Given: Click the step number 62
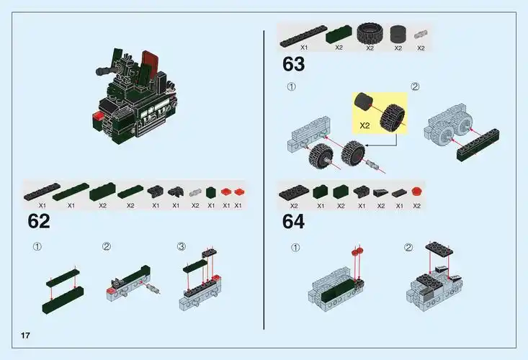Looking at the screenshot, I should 39,221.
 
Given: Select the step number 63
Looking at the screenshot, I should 293,64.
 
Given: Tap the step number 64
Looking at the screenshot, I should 293,221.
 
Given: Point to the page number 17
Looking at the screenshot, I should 25,336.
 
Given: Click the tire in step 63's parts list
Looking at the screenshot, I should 370,34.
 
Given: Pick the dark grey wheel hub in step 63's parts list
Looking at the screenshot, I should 398,34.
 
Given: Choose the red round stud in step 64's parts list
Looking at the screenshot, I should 416,192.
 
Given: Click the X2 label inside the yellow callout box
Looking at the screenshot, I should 364,124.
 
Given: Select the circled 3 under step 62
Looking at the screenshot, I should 182,246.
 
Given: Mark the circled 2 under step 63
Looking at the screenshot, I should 415,86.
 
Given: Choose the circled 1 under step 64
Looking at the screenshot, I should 295,248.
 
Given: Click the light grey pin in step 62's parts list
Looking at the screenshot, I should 195,192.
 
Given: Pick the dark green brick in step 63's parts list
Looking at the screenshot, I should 338,34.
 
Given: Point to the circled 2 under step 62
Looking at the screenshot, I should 107,246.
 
